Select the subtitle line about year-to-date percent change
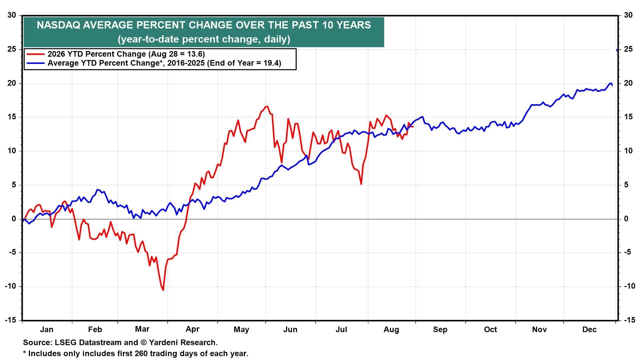pos(204,39)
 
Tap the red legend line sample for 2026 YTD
pos(35,54)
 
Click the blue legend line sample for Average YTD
pos(35,63)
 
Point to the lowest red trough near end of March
pos(163,290)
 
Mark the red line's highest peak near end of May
pos(266,107)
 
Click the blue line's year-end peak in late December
pos(611,83)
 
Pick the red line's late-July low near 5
pos(361,184)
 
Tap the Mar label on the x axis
pos(142,329)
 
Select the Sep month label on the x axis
pos(440,330)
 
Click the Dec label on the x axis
pos(589,329)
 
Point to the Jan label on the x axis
pos(46,329)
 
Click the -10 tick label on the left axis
pos(10,286)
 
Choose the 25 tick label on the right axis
pos(628,49)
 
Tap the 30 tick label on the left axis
pos(12,15)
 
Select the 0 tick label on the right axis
pos(626,219)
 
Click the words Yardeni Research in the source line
pos(183,342)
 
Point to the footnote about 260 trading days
pos(136,353)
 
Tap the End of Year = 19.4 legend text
pos(244,63)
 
